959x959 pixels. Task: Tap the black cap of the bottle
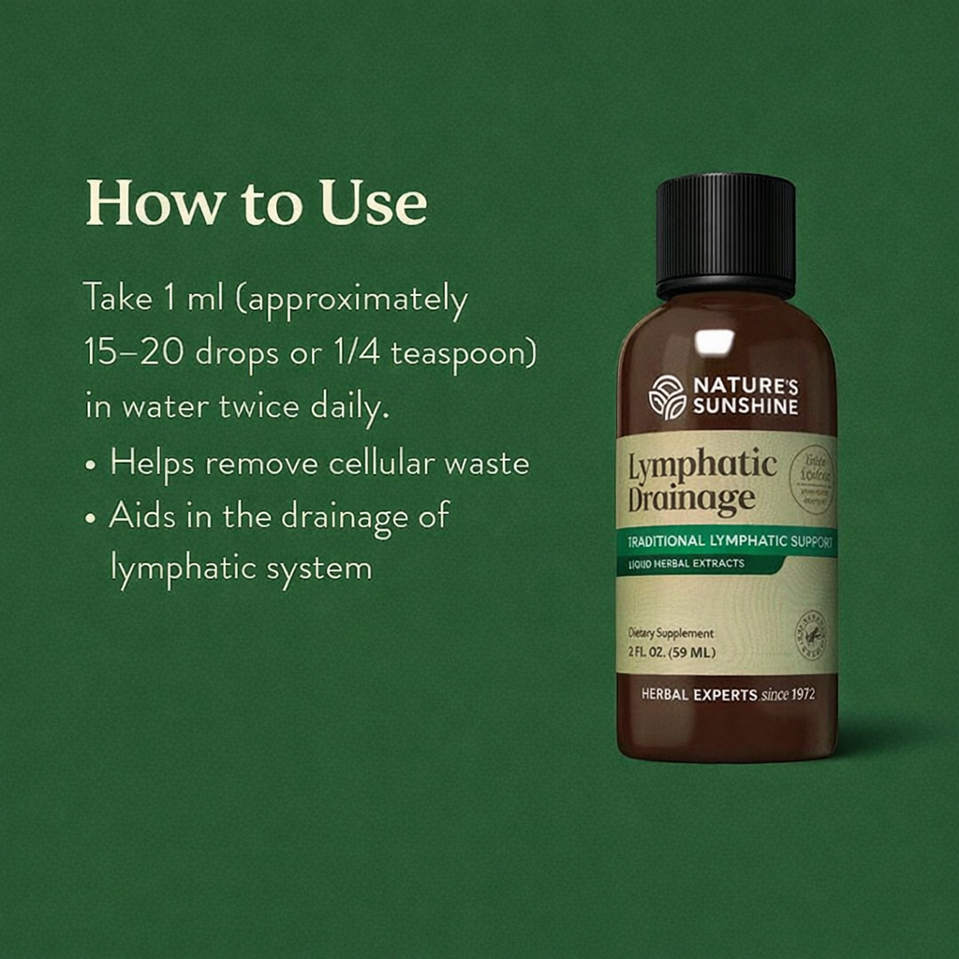tap(726, 234)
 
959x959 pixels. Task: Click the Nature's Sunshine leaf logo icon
tap(667, 396)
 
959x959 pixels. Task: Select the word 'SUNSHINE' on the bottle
tap(745, 406)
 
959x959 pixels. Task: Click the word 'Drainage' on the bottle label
tap(690, 498)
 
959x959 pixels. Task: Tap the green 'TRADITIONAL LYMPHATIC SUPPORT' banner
tap(727, 541)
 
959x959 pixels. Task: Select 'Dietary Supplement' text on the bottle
tap(671, 634)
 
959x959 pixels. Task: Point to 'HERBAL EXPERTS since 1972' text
tap(728, 695)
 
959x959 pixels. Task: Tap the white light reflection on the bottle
tap(714, 342)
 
